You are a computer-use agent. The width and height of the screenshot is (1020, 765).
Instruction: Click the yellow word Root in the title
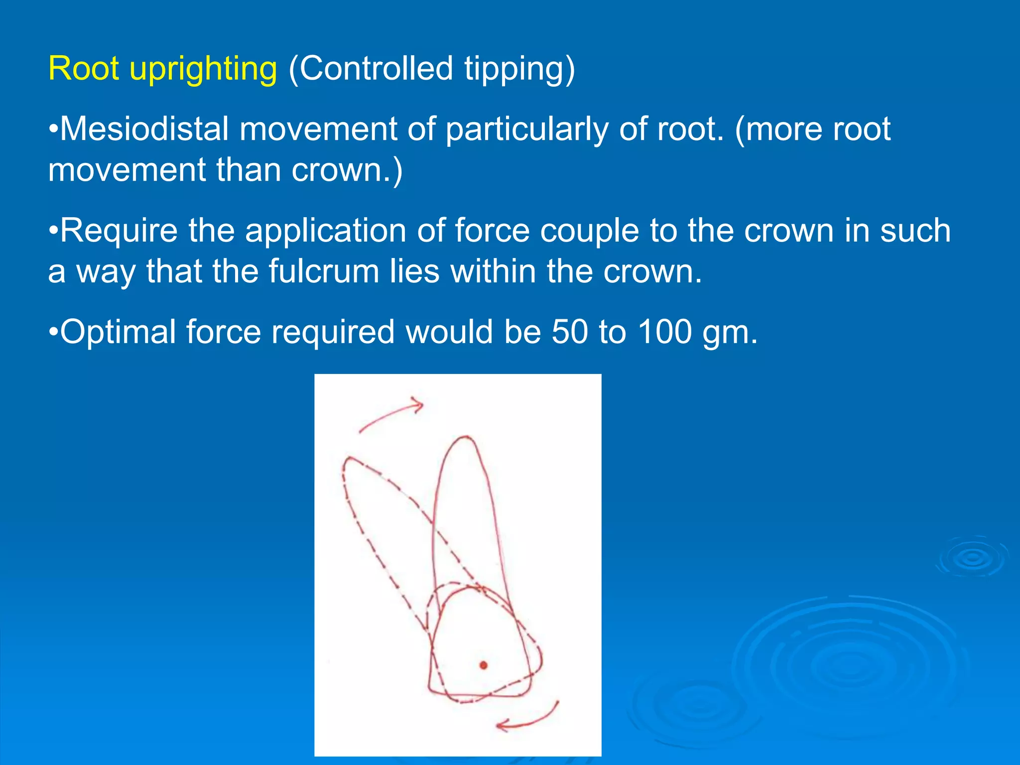tap(83, 68)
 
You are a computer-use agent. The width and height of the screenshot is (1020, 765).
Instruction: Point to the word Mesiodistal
tap(144, 129)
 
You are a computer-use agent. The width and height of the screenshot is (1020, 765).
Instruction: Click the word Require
tap(119, 231)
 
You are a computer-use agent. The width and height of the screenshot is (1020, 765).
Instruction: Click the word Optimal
tap(118, 333)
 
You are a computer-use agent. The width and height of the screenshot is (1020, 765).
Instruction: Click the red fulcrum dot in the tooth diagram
tap(483, 665)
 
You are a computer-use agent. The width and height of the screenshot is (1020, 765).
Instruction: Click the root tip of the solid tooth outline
tap(466, 438)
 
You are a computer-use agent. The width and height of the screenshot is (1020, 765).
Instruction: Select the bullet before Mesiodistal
tap(53, 128)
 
